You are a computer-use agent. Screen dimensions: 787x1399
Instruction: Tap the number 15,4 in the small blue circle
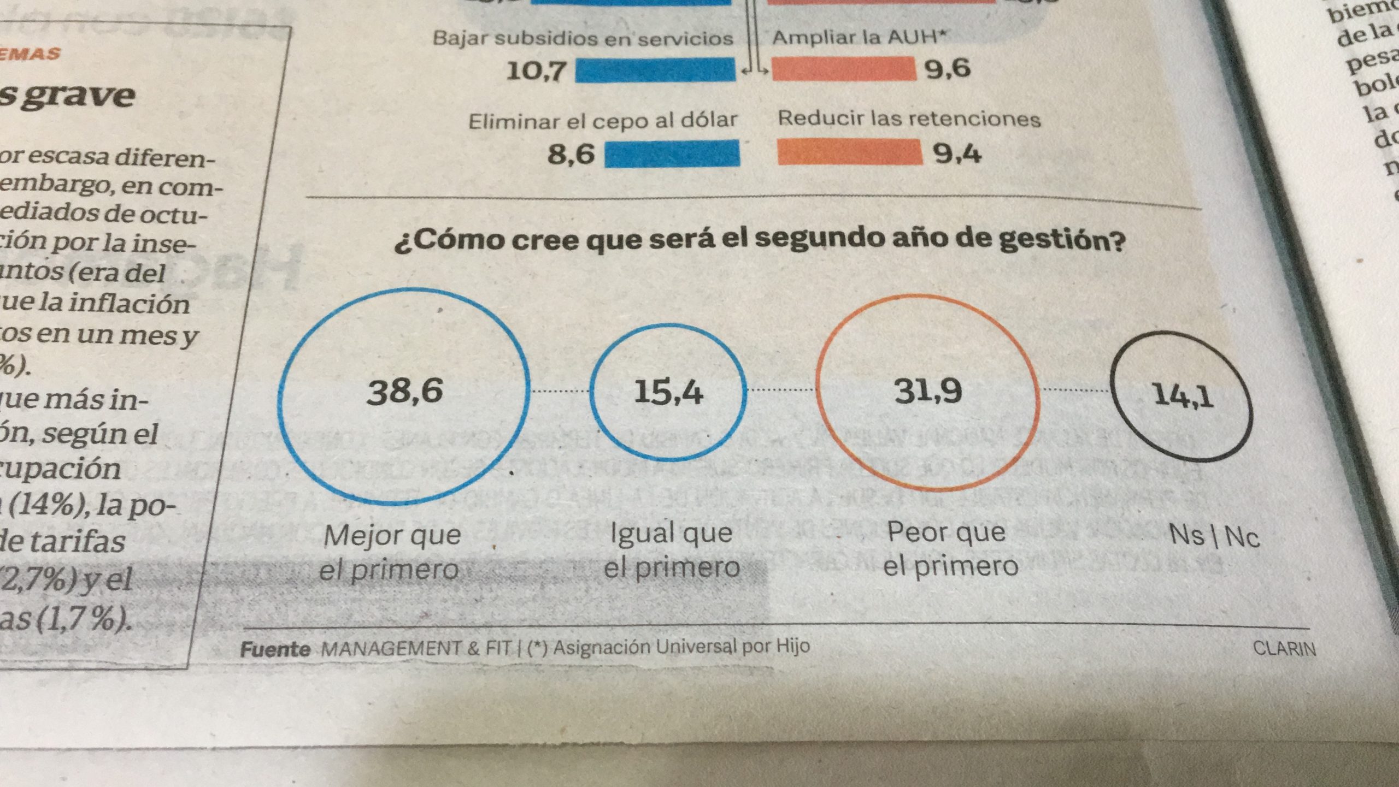click(x=668, y=392)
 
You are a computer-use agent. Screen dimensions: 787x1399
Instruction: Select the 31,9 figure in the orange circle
click(x=927, y=391)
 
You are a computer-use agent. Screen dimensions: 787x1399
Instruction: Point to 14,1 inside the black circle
click(x=1183, y=395)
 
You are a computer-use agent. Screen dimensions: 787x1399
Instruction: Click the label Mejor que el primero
click(x=390, y=553)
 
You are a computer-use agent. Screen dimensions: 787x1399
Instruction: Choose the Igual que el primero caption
click(x=671, y=551)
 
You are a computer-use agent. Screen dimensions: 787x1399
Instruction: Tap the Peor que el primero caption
click(x=950, y=549)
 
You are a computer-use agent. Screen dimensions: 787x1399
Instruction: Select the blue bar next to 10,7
click(x=655, y=70)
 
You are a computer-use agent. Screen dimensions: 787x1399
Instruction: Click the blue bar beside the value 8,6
click(x=672, y=153)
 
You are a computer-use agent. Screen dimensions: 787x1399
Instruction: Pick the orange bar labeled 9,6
click(x=844, y=69)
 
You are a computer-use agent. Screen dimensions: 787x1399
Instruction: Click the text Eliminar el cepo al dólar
click(x=602, y=121)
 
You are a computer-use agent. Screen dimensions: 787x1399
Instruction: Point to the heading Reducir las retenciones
click(x=909, y=119)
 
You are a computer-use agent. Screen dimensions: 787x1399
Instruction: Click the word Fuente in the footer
click(x=275, y=649)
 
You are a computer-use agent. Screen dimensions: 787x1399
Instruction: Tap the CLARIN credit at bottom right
click(x=1284, y=649)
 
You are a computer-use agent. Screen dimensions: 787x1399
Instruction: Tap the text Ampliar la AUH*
click(x=858, y=37)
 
